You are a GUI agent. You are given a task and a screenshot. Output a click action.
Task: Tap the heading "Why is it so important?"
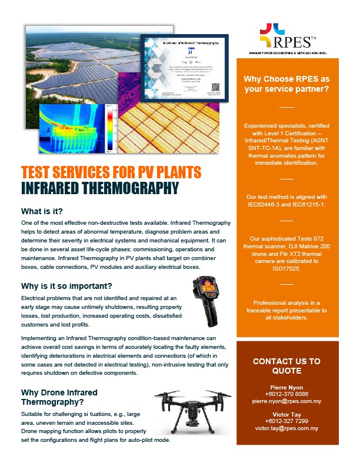tap(66, 286)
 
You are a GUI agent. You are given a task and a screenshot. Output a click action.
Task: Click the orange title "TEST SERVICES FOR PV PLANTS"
tap(111, 173)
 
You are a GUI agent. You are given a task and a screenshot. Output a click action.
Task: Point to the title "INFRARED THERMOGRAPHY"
tap(99, 188)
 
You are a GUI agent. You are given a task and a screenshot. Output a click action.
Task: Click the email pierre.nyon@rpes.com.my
tap(286, 401)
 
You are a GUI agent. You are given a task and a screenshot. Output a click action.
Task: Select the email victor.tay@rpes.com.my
tap(286, 428)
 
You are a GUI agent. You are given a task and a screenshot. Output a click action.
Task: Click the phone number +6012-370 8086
tap(286, 394)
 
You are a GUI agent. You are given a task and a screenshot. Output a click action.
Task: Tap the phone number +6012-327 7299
tap(286, 421)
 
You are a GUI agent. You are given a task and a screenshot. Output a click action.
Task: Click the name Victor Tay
tap(286, 414)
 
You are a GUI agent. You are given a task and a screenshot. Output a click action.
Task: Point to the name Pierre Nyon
tap(286, 387)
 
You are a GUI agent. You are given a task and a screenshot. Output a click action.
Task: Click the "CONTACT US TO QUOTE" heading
tap(286, 366)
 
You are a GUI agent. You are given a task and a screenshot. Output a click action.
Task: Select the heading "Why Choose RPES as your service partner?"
tap(286, 84)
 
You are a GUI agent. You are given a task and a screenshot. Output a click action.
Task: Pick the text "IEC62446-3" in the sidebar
tap(262, 204)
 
